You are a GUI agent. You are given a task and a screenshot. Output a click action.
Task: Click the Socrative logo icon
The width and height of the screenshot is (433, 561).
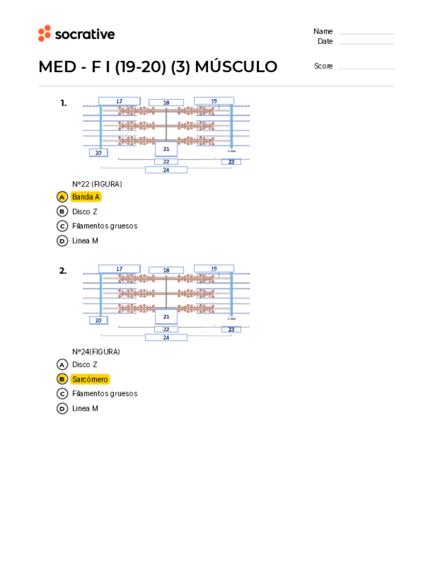click(44, 34)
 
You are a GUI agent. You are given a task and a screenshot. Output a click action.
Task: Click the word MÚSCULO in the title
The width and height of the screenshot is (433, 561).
click(236, 67)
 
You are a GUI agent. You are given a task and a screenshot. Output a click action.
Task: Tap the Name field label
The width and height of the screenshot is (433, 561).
click(322, 31)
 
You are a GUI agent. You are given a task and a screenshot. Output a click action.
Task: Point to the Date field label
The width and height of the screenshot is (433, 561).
click(324, 41)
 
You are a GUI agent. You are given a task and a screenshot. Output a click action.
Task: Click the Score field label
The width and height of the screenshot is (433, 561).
click(323, 66)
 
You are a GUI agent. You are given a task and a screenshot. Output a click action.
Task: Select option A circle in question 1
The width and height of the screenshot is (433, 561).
click(62, 196)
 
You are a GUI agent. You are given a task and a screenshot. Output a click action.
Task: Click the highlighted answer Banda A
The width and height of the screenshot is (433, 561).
click(85, 196)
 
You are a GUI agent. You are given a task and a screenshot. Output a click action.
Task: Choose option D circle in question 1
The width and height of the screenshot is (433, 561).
click(62, 241)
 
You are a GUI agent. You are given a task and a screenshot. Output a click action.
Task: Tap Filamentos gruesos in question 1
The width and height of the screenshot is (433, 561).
click(105, 226)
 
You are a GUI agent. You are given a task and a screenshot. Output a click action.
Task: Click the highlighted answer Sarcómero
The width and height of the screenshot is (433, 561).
click(90, 379)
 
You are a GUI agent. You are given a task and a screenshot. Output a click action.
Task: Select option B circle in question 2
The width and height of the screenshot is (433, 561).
click(62, 379)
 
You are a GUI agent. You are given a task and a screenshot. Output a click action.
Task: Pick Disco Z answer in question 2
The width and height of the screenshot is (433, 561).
click(85, 365)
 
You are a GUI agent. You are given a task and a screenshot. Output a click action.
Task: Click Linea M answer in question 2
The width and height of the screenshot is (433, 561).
click(85, 409)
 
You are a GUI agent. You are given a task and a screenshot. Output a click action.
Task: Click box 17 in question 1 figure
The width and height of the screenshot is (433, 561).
click(119, 101)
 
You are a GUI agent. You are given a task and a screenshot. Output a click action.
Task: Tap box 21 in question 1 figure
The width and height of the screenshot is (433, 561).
click(166, 149)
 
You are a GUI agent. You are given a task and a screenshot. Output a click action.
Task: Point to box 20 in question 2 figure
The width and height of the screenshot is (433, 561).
click(98, 320)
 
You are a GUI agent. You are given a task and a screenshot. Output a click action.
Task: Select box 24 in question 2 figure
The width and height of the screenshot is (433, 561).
click(166, 337)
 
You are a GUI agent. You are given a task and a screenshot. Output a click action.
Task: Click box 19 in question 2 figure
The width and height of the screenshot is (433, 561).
click(214, 269)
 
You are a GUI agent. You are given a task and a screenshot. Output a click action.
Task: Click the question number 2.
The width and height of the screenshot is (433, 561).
click(63, 271)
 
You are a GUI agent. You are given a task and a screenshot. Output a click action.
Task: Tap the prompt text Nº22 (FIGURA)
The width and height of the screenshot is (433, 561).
click(97, 184)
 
